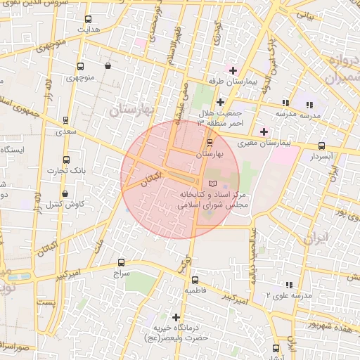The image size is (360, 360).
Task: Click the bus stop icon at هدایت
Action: tap(88, 20)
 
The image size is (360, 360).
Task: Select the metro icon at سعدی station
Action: tap(66, 120)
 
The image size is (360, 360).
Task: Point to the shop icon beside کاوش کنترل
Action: tap(65, 193)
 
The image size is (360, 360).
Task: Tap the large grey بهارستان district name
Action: tap(131, 109)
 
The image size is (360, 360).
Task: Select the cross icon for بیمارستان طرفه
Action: tap(233, 70)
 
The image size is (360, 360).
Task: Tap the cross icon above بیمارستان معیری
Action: tap(264, 131)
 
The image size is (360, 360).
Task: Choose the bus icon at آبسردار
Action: tap(321, 146)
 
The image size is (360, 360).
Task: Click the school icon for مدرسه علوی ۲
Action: tap(288, 285)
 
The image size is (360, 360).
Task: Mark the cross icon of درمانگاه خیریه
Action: tap(176, 317)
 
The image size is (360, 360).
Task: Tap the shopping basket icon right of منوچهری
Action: tap(108, 65)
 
